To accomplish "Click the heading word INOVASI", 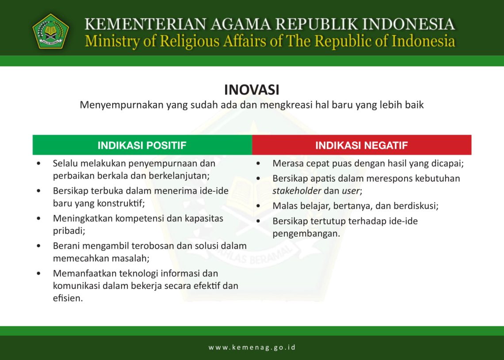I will coord(252,90).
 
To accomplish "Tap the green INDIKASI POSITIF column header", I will coord(142,145).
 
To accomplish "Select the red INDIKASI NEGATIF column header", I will coord(361,145).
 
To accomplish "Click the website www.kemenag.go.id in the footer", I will coord(252,347).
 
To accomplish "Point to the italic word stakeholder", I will coord(297,191).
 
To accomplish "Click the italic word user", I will coord(351,191).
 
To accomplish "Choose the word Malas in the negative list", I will coord(284,206).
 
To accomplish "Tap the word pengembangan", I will coord(305,234).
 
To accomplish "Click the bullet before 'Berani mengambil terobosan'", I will coord(39,246).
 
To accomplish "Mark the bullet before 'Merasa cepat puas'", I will coord(259,164).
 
